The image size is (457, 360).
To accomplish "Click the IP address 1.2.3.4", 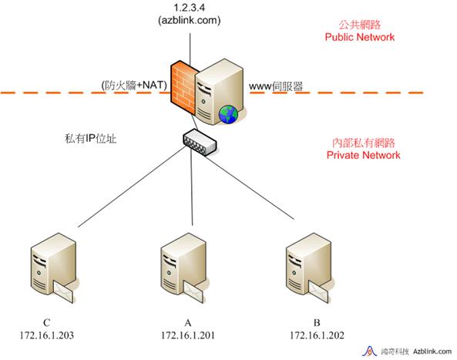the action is pyautogui.click(x=189, y=7).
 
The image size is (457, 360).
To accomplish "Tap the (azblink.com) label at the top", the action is pyautogui.click(x=189, y=20).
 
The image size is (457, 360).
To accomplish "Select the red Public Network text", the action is pyautogui.click(x=360, y=37).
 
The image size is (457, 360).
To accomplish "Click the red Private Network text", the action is pyautogui.click(x=363, y=155).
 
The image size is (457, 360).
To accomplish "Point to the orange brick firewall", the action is pyautogui.click(x=183, y=87).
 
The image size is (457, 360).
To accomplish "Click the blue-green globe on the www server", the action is pyautogui.click(x=228, y=114).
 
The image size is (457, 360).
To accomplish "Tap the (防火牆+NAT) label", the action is pyautogui.click(x=134, y=85).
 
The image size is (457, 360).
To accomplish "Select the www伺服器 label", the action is pyautogui.click(x=276, y=86).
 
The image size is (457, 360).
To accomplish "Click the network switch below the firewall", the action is pyautogui.click(x=200, y=142).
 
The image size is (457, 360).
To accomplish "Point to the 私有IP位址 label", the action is pyautogui.click(x=91, y=139).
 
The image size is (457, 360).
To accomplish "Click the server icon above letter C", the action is pyautogui.click(x=54, y=267).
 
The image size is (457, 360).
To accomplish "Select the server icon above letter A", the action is pyautogui.click(x=183, y=267).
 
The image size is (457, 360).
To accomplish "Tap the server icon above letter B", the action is pyautogui.click(x=308, y=267).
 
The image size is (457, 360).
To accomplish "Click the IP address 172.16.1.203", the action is pyautogui.click(x=47, y=335).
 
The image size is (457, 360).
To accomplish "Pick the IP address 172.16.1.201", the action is pyautogui.click(x=188, y=335).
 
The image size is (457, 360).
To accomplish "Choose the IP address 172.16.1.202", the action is pyautogui.click(x=317, y=335).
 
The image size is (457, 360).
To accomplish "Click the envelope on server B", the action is pyautogui.click(x=318, y=292).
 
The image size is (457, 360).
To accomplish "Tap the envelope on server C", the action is pyautogui.click(x=64, y=292).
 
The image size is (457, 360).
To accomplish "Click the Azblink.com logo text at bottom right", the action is pyautogui.click(x=432, y=352).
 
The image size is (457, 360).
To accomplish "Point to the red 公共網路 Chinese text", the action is pyautogui.click(x=360, y=25).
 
